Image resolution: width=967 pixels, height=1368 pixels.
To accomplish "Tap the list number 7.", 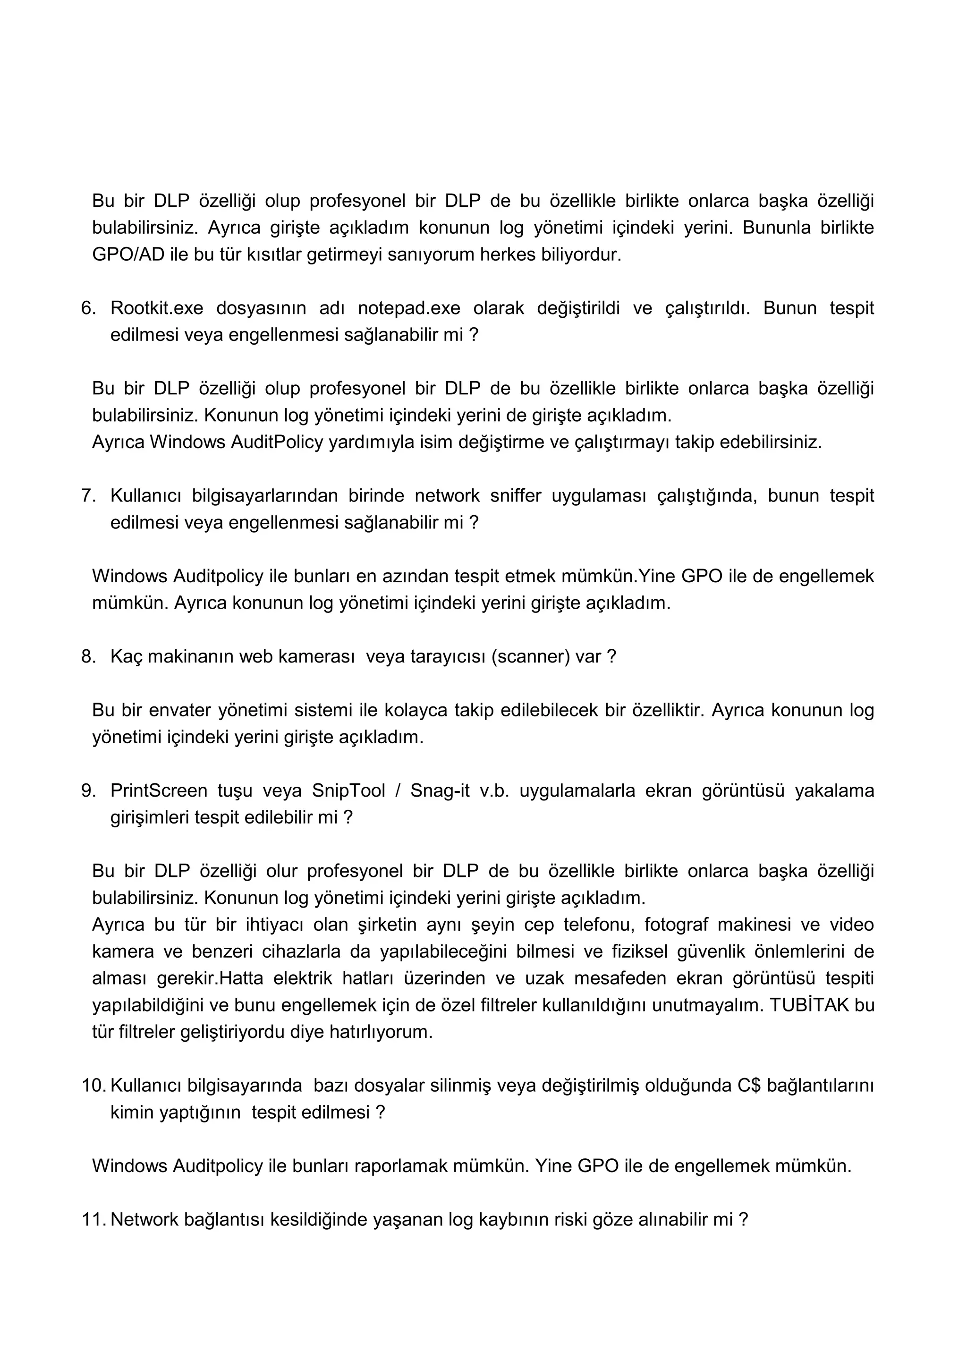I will [87, 496].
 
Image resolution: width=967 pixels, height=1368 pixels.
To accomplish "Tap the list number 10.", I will [93, 1086].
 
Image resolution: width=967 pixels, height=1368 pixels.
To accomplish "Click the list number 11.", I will [93, 1220].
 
